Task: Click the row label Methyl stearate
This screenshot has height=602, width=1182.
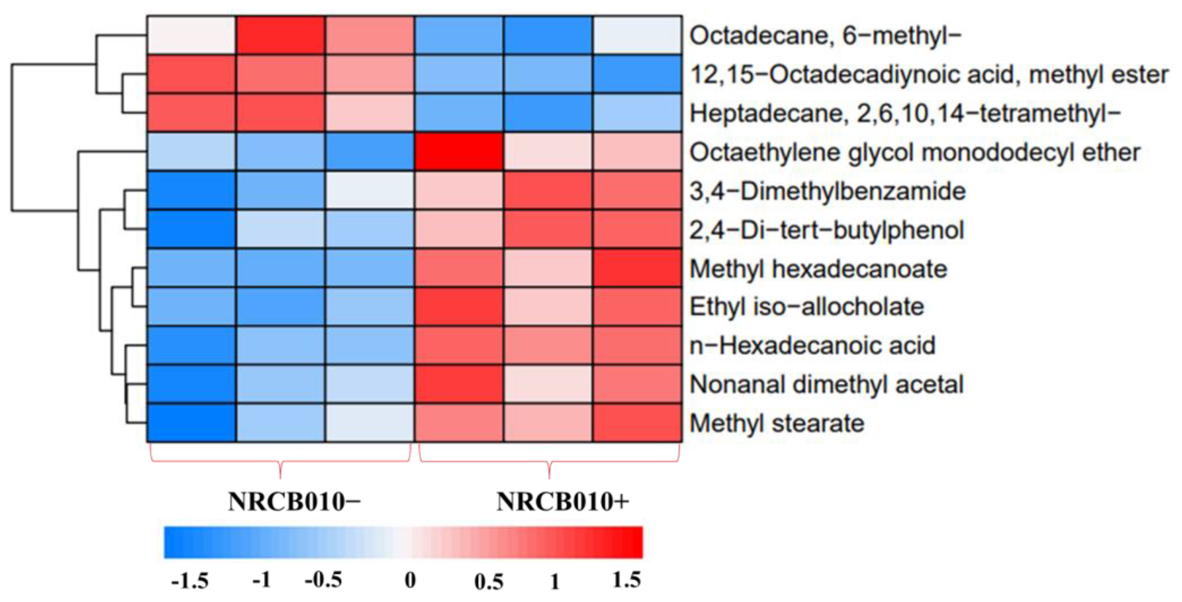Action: (x=777, y=423)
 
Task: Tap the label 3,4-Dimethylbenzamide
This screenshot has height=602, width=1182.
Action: (x=827, y=191)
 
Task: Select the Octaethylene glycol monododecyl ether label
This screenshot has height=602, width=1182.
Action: (x=914, y=152)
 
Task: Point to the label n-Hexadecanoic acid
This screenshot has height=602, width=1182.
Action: (x=812, y=346)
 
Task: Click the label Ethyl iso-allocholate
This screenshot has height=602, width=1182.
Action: (x=807, y=306)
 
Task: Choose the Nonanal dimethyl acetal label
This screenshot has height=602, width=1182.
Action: (x=826, y=384)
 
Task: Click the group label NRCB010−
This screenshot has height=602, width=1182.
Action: (x=294, y=501)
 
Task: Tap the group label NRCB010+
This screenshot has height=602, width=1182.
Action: (x=562, y=501)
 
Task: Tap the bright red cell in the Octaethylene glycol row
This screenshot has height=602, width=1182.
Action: (x=458, y=152)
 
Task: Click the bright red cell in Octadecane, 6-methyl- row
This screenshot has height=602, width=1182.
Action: (x=280, y=35)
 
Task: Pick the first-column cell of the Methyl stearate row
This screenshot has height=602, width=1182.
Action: (x=191, y=423)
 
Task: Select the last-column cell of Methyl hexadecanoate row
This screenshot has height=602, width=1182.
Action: (x=637, y=268)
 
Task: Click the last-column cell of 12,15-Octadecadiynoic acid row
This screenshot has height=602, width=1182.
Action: (x=637, y=74)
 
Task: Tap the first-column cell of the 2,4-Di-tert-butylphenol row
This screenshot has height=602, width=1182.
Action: (x=191, y=229)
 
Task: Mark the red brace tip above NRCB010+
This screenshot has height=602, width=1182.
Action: (x=549, y=477)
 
